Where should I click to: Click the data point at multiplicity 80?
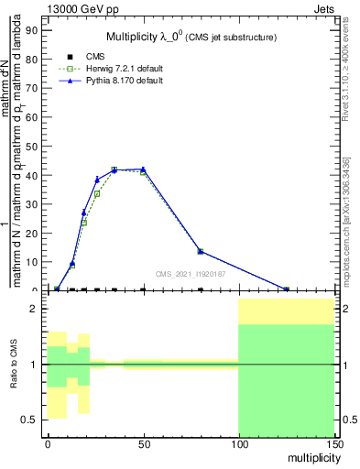[201, 251]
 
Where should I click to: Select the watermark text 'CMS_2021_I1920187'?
[190, 273]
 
